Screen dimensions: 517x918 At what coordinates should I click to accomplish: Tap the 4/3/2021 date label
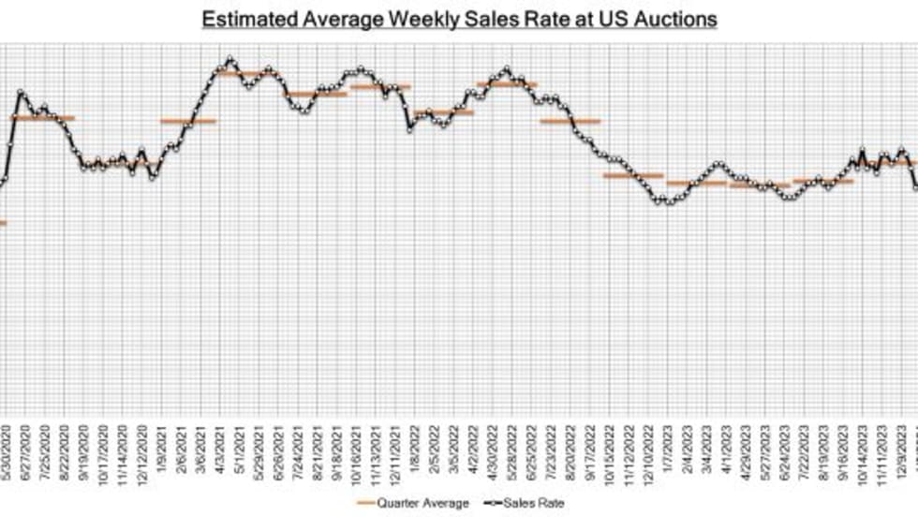(222, 454)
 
